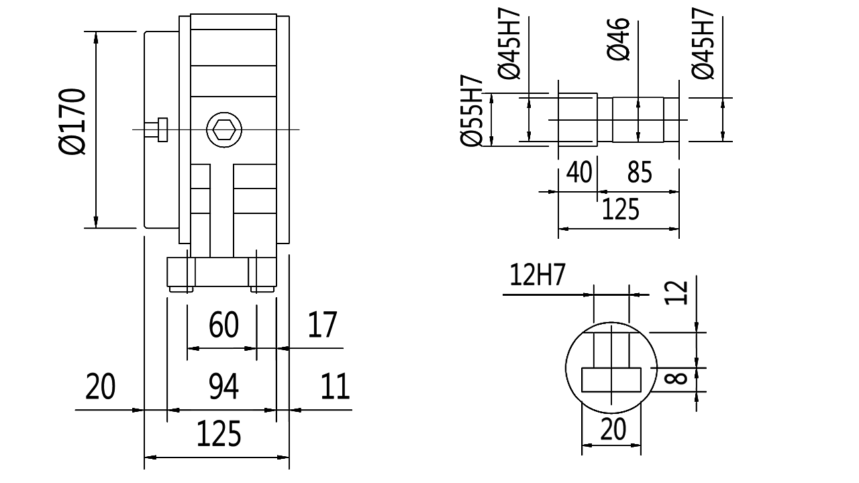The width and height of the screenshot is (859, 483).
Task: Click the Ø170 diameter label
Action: [x=72, y=121]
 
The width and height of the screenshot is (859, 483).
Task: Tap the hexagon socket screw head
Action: [x=223, y=129]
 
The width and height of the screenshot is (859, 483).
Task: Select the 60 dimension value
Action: [x=223, y=326]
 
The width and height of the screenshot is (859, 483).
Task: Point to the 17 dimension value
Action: [x=322, y=326]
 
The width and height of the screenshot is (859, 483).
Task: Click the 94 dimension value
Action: [x=223, y=387]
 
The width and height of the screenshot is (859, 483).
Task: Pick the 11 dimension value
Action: [x=334, y=387]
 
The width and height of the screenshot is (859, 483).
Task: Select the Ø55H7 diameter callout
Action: [x=472, y=110]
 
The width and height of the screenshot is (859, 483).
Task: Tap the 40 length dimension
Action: [x=579, y=173]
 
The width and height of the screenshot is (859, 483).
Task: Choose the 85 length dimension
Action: [x=639, y=173]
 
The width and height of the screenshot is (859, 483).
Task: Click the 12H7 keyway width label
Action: [x=538, y=276]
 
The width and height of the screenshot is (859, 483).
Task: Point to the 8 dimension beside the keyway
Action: [x=678, y=379]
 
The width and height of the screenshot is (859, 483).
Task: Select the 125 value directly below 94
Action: [x=219, y=435]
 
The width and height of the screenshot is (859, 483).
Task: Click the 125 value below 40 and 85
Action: [x=620, y=209]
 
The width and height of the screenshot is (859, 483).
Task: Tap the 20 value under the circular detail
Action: [x=612, y=429]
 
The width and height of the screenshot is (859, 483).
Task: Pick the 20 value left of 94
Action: [x=101, y=387]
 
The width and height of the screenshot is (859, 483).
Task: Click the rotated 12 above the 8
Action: [x=679, y=293]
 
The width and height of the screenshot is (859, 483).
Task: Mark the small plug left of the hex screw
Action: [x=162, y=129]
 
